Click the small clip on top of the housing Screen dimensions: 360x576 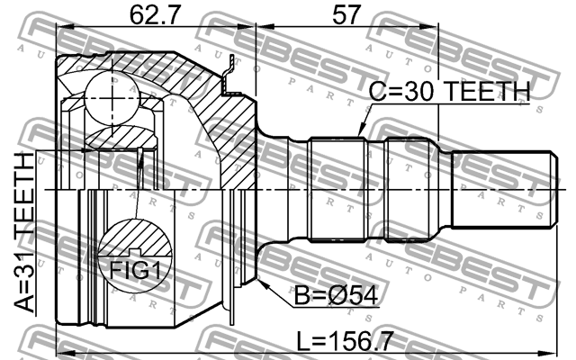[230, 76]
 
